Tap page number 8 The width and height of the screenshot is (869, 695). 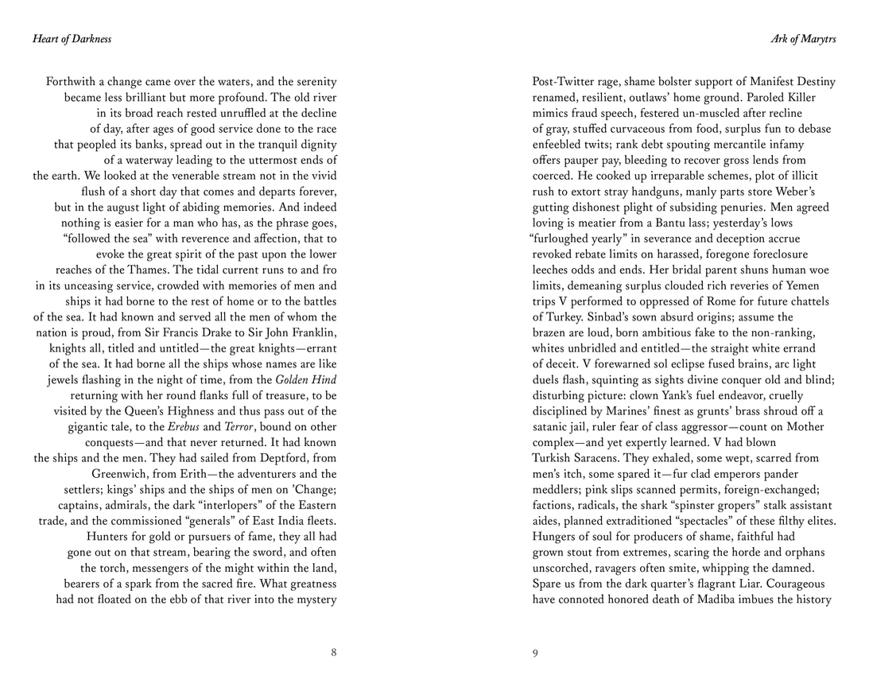click(334, 653)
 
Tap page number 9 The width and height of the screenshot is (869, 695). click(535, 653)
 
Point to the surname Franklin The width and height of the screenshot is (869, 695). click(308, 332)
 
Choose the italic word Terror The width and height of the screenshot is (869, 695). click(233, 426)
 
